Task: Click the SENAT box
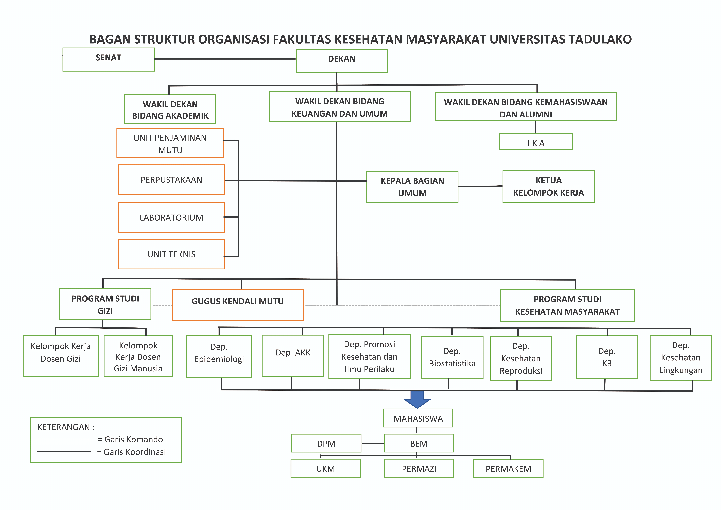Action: coord(108,59)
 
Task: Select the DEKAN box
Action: coord(342,61)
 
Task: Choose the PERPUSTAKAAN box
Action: coord(171,180)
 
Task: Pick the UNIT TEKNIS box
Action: coord(171,254)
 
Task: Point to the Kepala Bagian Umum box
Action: coord(412,187)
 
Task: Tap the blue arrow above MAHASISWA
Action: coord(417,399)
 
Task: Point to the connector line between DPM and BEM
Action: coord(372,443)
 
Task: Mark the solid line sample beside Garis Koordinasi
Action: coord(64,451)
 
